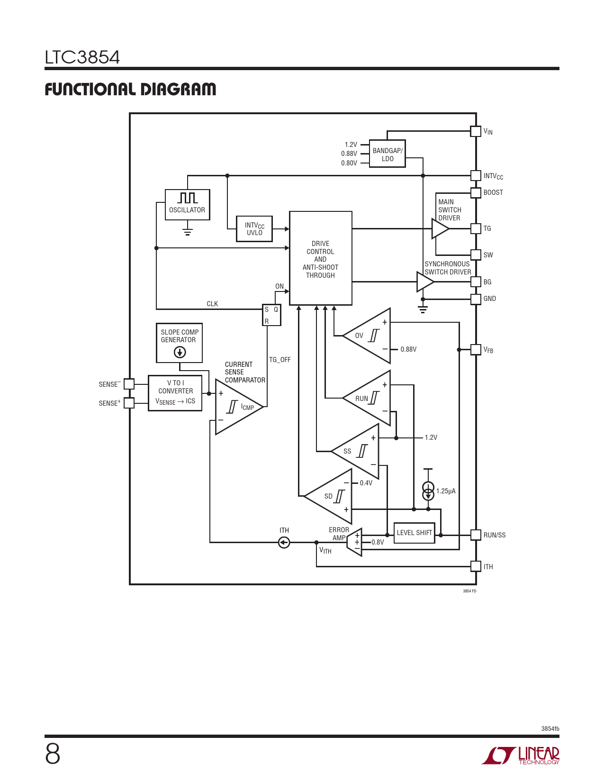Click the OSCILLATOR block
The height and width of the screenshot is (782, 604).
[188, 205]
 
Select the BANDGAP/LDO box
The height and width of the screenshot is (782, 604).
[388, 154]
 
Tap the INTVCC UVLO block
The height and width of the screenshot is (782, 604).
[254, 229]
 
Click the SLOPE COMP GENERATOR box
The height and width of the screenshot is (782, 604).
[179, 343]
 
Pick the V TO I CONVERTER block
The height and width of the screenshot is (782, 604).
[175, 393]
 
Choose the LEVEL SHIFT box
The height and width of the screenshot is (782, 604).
[415, 533]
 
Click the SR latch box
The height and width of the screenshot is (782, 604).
[271, 315]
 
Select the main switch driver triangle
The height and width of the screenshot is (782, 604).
[440, 228]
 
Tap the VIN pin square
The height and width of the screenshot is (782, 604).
[476, 131]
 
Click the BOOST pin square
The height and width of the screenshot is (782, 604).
[476, 192]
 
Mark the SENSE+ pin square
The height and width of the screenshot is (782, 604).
[129, 403]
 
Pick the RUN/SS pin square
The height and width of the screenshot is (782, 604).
[476, 535]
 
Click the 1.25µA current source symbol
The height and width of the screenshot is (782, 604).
[428, 491]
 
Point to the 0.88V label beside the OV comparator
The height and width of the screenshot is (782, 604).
[408, 349]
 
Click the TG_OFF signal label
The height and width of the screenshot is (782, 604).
[279, 360]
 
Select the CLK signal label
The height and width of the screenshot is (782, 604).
[212, 304]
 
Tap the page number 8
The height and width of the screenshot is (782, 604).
[53, 755]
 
